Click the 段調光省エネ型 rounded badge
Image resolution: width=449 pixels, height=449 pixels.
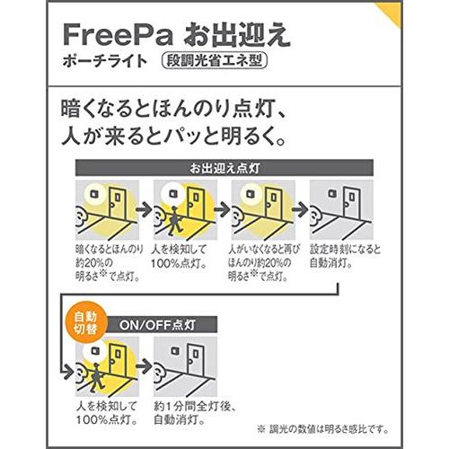[x=216, y=64]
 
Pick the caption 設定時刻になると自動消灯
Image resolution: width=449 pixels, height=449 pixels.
[x=346, y=255]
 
